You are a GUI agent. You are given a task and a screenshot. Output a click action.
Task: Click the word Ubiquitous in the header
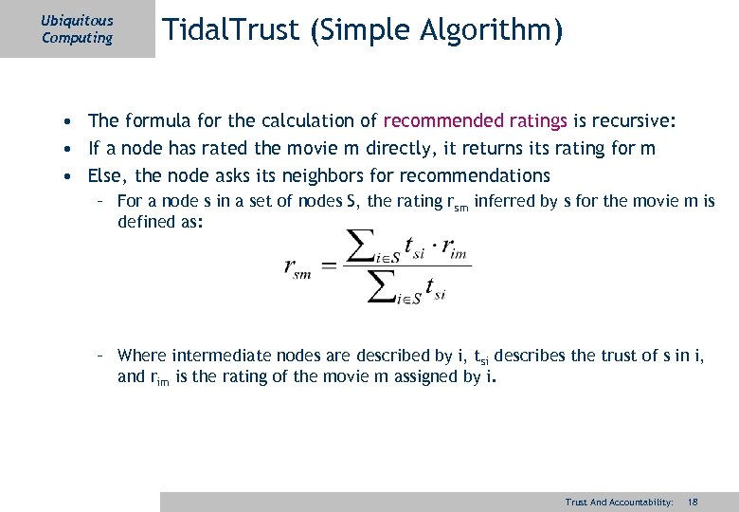click(77, 20)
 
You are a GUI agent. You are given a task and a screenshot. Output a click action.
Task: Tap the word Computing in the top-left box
click(77, 38)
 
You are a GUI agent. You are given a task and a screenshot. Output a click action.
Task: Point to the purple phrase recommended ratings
click(476, 120)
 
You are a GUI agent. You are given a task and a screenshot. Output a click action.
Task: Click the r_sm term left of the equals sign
click(299, 266)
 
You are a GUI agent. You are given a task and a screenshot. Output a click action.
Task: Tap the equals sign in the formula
click(329, 266)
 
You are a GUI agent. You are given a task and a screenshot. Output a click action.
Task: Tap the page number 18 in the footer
click(693, 502)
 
